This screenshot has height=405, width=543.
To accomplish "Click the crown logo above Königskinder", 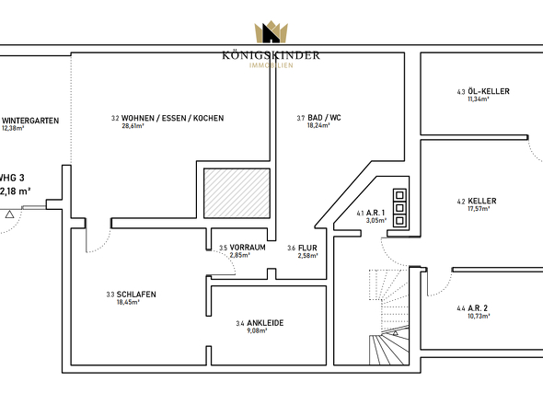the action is pyautogui.click(x=271, y=32).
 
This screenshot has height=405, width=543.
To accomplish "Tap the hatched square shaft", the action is pyautogui.click(x=237, y=193).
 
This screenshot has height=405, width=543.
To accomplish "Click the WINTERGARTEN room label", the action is pyautogui.click(x=30, y=121).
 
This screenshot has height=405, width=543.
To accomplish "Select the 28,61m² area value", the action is pyautogui.click(x=133, y=126).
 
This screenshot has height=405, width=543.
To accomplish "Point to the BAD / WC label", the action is pyautogui.click(x=324, y=118).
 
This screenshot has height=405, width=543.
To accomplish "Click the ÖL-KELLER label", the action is pyautogui.click(x=489, y=91).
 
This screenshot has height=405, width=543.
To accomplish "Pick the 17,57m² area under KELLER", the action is pyautogui.click(x=479, y=209).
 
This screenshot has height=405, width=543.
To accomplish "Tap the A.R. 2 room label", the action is pyautogui.click(x=478, y=308).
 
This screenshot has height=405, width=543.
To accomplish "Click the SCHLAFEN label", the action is pyautogui.click(x=136, y=295).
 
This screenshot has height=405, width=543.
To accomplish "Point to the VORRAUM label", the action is pyautogui.click(x=248, y=248).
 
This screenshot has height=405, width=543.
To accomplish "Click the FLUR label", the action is pyautogui.click(x=307, y=248).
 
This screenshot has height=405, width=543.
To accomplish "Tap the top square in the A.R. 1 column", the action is pyautogui.click(x=399, y=195).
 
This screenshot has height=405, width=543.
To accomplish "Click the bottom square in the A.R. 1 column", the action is pyautogui.click(x=399, y=220).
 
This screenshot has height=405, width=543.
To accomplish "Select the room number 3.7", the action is pyautogui.click(x=301, y=118).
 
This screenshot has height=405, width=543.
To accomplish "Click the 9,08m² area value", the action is pyautogui.click(x=257, y=330).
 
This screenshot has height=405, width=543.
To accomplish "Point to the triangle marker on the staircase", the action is pyautogui.click(x=395, y=333).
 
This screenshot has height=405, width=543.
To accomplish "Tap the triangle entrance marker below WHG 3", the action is pyautogui.click(x=9, y=214).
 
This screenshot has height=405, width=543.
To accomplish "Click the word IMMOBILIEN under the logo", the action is pyautogui.click(x=271, y=65).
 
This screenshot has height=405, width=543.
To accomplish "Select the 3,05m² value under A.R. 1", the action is pyautogui.click(x=376, y=220).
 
